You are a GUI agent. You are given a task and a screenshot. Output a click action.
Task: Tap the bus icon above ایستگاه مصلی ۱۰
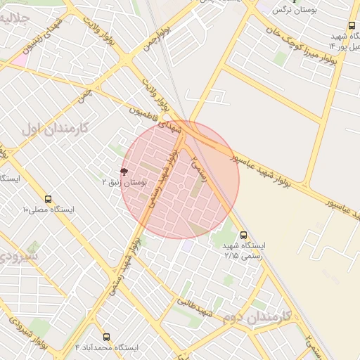coord(48,199)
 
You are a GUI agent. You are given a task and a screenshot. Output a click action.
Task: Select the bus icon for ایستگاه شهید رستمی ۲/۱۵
coord(243,235)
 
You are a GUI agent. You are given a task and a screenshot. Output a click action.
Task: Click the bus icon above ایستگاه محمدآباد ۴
coord(106,337)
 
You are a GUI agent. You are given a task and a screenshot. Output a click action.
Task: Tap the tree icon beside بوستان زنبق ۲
coord(124,172)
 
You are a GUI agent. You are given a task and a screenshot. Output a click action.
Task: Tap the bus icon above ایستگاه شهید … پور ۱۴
coord(351,25)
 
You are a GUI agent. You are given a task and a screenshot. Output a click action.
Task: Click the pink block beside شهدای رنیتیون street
coord(18,60)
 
